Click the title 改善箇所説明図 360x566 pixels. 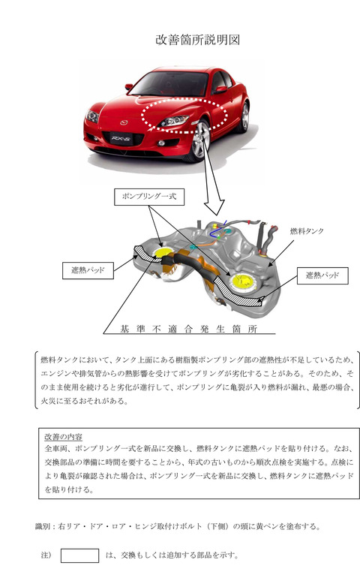tap(198, 39)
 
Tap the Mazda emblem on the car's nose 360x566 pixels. tap(124, 122)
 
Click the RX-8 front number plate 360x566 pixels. tap(121, 138)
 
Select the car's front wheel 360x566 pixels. tap(201, 140)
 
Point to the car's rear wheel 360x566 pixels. tap(245, 116)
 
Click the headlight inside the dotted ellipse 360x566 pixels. tap(174, 121)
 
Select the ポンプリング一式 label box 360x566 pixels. tap(149, 197)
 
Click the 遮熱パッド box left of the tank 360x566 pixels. tap(88, 270)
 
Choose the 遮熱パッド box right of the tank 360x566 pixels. tap(322, 275)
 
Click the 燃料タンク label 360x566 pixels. tap(307, 231)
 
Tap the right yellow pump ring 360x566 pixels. tap(241, 281)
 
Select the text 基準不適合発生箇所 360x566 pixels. tap(189, 329)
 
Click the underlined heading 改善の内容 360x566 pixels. tap(64, 437)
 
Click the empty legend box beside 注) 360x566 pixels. tap(79, 555)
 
